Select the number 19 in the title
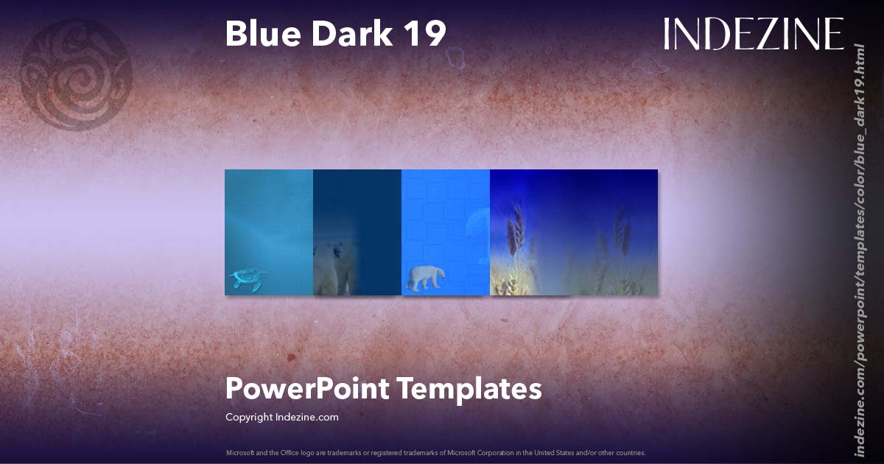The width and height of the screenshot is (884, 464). pyautogui.click(x=424, y=34)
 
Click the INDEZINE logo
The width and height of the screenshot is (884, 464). pyautogui.click(x=753, y=34)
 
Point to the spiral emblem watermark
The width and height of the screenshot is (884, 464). pyautogui.click(x=76, y=74)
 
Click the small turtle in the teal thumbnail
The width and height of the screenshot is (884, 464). pyautogui.click(x=246, y=279)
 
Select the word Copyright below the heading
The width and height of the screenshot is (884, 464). pyautogui.click(x=249, y=417)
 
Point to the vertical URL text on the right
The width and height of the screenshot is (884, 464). pyautogui.click(x=858, y=250)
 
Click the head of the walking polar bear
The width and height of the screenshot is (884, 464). pyautogui.click(x=441, y=272)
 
